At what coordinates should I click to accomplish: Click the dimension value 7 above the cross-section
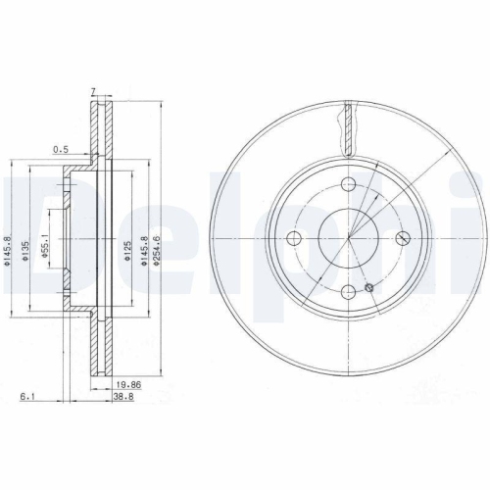click(93, 91)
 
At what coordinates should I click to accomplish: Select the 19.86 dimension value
click(129, 386)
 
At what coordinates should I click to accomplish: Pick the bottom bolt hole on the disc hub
click(348, 292)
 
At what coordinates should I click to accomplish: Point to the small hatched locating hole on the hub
click(368, 287)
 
